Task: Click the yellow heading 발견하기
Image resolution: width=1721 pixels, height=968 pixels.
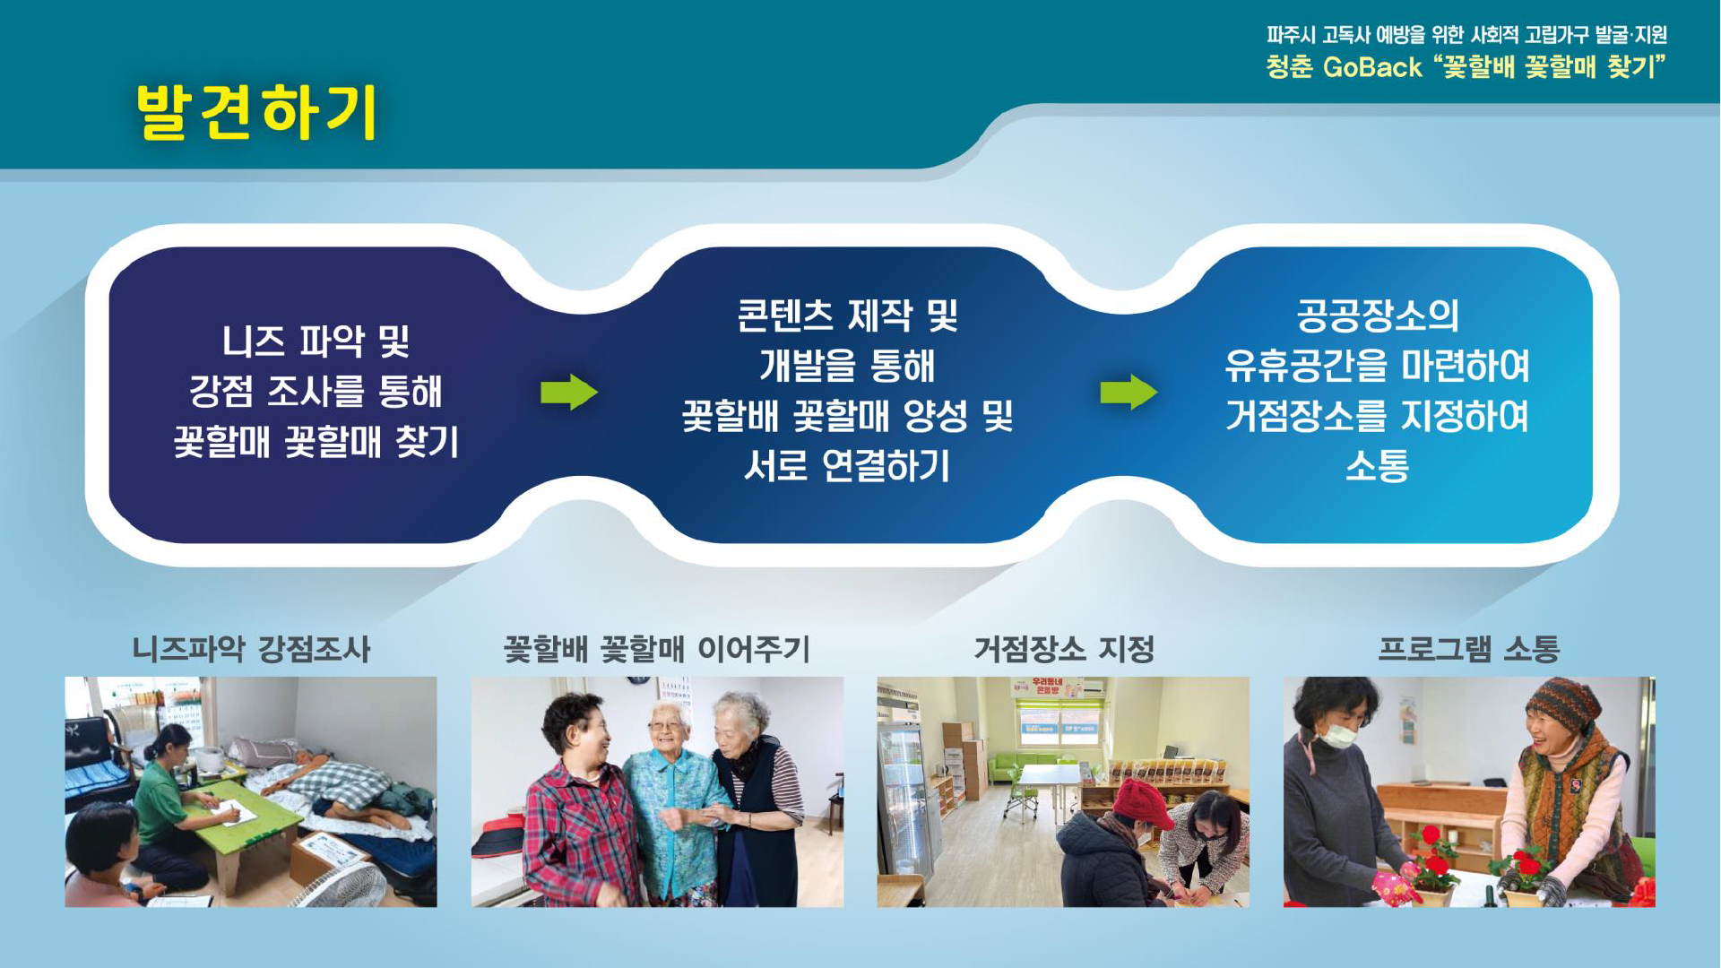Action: [x=257, y=112]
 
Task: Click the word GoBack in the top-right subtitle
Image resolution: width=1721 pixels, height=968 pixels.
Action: [x=1372, y=67]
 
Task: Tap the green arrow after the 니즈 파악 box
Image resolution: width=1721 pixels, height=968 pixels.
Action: [x=569, y=392]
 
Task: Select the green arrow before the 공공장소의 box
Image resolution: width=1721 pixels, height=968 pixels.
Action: [x=1129, y=392]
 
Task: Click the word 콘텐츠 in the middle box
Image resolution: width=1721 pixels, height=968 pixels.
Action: [x=784, y=315]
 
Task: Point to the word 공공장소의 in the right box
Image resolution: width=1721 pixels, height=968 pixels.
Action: [x=1378, y=315]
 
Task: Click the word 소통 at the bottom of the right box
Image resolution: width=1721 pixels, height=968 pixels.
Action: [x=1378, y=466]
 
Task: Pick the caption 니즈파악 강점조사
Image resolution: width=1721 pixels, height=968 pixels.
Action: [x=251, y=649]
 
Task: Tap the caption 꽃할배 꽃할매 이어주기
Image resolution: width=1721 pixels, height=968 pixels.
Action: [x=657, y=649]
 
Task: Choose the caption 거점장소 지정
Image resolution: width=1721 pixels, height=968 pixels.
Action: [x=1064, y=649]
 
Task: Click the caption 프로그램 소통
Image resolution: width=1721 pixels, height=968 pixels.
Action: [x=1469, y=649]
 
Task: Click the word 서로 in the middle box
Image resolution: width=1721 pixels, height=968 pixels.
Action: [x=776, y=466]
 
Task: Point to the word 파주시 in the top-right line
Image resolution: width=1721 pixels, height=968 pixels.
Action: [x=1291, y=35]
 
